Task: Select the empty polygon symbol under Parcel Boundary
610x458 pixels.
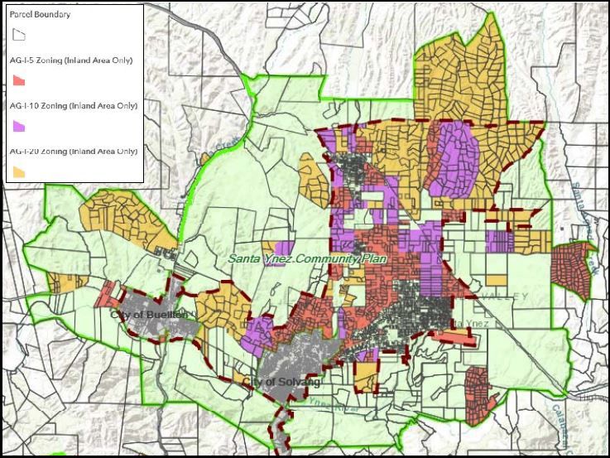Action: [19, 35]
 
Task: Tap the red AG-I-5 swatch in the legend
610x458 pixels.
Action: [19, 80]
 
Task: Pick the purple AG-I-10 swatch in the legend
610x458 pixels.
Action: [19, 126]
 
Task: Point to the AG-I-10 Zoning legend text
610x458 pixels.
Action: [74, 106]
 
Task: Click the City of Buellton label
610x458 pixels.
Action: [149, 315]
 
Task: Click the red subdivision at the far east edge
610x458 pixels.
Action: [573, 269]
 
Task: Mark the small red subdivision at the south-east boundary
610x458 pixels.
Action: [478, 388]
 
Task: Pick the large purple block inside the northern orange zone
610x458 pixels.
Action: [454, 157]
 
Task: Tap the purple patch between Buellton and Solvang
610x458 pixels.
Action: [259, 327]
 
